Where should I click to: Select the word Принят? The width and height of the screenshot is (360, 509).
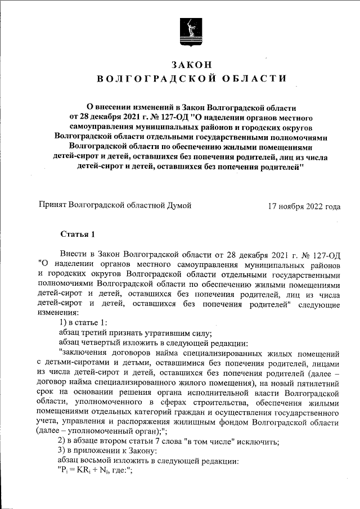[51, 206]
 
